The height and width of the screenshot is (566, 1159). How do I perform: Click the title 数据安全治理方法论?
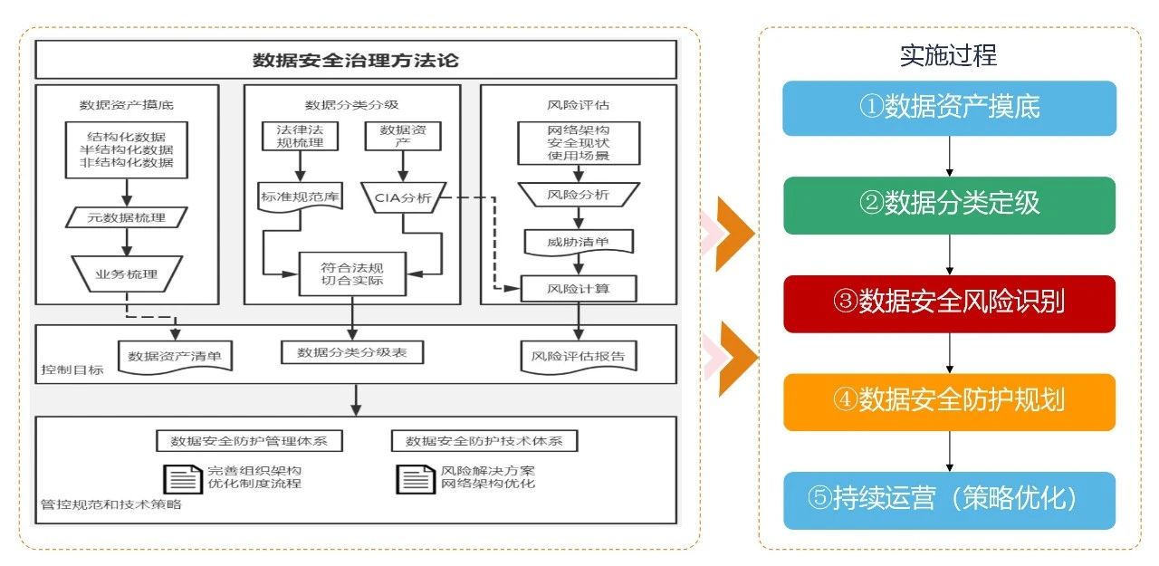(356, 61)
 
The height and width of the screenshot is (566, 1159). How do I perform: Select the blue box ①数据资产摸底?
(949, 108)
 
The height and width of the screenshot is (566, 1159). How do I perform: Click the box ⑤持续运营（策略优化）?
(949, 499)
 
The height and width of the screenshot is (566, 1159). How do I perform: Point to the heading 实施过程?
(948, 55)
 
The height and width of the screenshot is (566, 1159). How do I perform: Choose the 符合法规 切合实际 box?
(353, 273)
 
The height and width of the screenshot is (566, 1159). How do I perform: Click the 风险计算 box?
(578, 289)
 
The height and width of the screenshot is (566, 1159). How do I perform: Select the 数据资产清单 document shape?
(175, 356)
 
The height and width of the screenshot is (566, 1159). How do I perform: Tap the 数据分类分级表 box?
(352, 352)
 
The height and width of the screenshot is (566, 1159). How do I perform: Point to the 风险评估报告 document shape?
(578, 356)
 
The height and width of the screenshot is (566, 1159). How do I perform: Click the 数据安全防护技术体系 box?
(484, 441)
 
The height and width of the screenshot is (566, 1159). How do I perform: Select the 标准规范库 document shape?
(300, 197)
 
